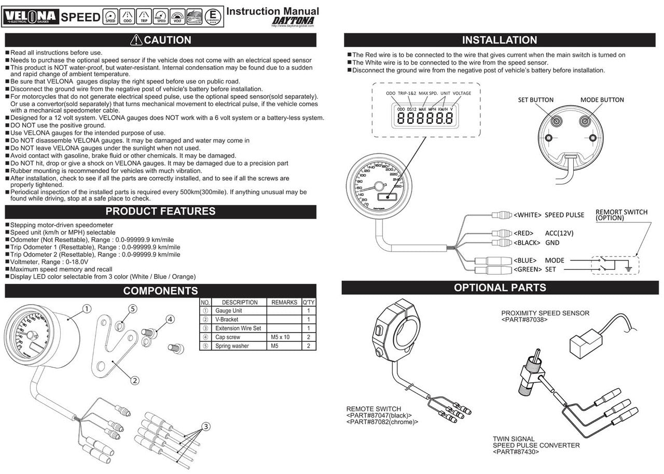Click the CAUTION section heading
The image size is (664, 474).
[160, 40]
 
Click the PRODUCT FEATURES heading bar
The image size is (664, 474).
[160, 211]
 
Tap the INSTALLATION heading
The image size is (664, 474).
[499, 40]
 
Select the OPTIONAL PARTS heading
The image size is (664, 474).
[500, 288]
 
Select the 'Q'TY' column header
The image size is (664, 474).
[309, 302]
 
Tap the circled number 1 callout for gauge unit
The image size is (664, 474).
[87, 309]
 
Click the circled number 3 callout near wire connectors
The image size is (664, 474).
[206, 427]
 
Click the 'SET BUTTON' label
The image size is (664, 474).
[536, 99]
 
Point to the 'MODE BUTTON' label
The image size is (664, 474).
[602, 99]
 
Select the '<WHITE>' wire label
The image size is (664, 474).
[528, 215]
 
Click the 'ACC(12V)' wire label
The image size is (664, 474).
[559, 233]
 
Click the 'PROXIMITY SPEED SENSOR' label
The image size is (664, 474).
[545, 313]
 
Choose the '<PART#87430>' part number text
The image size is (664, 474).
[516, 452]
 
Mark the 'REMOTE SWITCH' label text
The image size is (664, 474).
[374, 409]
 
